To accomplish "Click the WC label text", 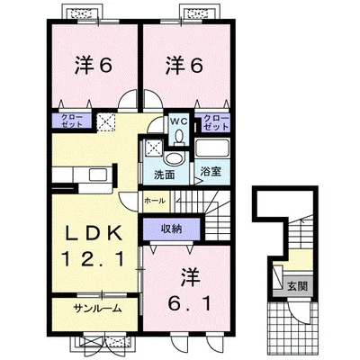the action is (179, 121).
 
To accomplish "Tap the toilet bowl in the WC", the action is (179, 137).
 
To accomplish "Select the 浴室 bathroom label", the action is (211, 172).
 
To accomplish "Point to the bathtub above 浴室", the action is (211, 148).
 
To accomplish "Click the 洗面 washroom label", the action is (165, 175).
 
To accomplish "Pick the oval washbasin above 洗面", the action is (174, 158).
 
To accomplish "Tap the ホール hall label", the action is (155, 201).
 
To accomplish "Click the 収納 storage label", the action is (172, 229).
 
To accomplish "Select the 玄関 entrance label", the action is (298, 286).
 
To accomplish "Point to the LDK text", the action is (94, 233).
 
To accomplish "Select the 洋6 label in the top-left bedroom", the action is (94, 66).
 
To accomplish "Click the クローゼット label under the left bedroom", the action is (72, 121).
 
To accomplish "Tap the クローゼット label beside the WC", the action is (216, 122).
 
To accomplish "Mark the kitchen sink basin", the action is (98, 175).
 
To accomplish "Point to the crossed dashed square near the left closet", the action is (106, 122).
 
